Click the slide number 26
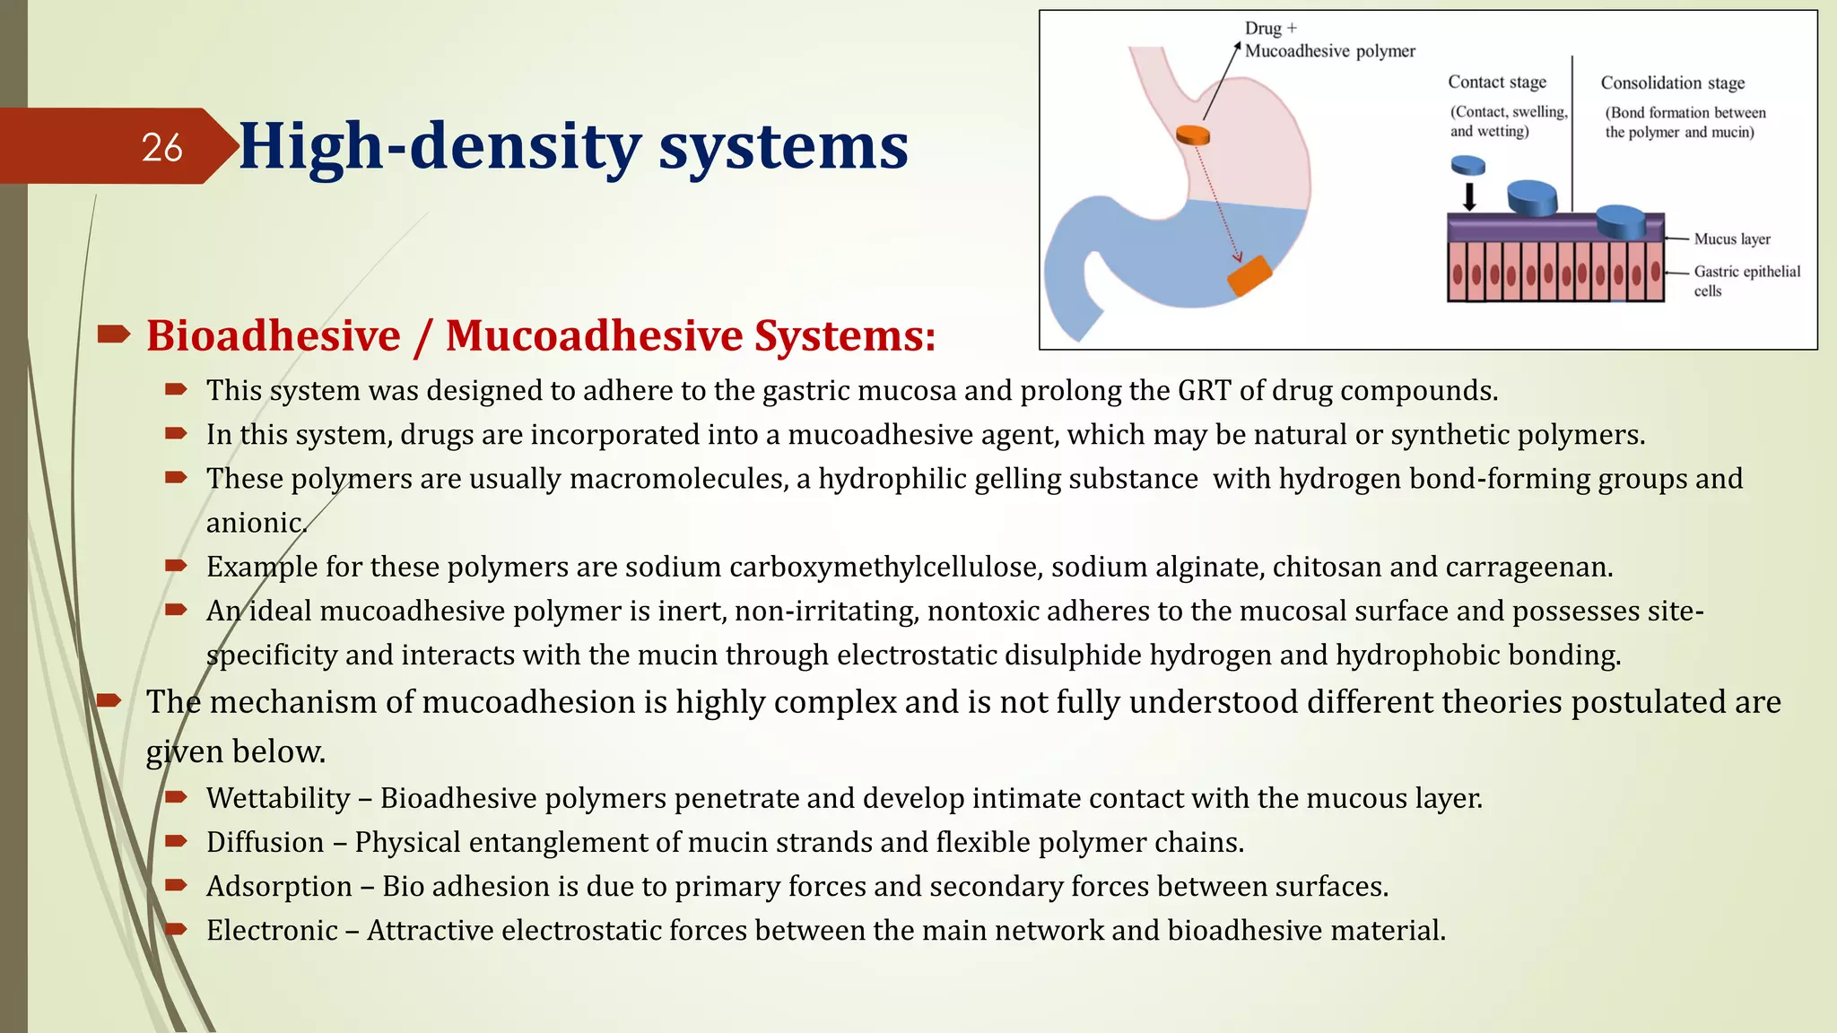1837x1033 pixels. [x=161, y=147]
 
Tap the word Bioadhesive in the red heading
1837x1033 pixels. [x=274, y=335]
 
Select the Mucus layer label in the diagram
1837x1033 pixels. [x=1731, y=239]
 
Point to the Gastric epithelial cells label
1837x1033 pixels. [x=1746, y=280]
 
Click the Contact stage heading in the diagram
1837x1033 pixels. [x=1496, y=82]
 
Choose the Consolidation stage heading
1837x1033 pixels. [x=1672, y=82]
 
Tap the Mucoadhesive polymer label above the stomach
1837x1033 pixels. [x=1329, y=51]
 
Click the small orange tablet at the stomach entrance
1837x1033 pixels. [x=1193, y=135]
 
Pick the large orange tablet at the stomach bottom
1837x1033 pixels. [x=1249, y=275]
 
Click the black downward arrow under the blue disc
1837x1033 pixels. [x=1469, y=196]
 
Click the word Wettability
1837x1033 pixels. [x=278, y=798]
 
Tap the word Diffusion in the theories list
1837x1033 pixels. [x=265, y=842]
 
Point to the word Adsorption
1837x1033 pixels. [x=279, y=886]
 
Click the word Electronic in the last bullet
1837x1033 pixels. [x=272, y=930]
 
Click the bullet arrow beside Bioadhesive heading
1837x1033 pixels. [x=113, y=335]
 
